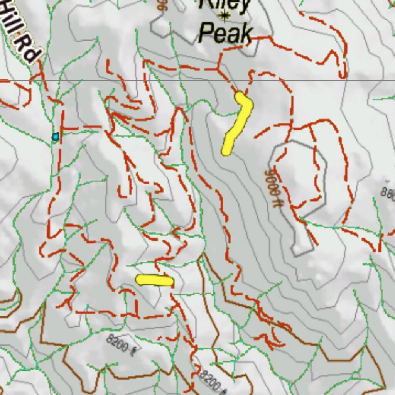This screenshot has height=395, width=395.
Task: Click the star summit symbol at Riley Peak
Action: tap(224, 16)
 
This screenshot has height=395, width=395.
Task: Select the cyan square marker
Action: tap(56, 137)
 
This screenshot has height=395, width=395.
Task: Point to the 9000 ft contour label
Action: tap(271, 188)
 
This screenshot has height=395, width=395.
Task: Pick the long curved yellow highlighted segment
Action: tap(237, 123)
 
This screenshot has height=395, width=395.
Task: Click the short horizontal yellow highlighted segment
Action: tap(154, 280)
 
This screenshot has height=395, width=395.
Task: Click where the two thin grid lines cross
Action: tap(279, 80)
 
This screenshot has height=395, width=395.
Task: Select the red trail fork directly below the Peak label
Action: tap(219, 69)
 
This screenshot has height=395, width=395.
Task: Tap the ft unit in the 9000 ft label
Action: tap(274, 201)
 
